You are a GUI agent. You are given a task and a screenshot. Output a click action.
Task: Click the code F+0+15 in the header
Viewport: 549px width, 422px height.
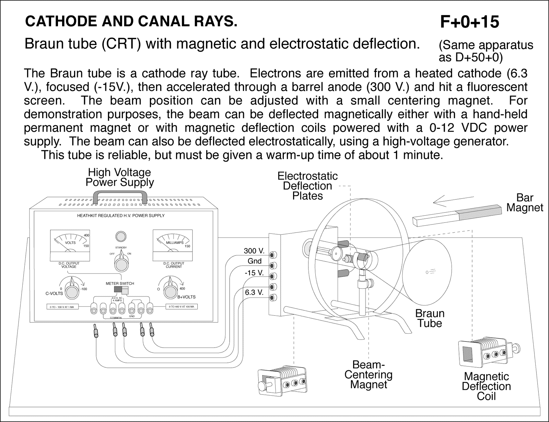[469, 22]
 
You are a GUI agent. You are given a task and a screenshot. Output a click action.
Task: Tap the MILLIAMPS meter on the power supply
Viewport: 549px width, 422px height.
[173, 245]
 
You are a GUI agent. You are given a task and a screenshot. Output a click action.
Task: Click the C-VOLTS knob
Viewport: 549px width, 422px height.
[72, 292]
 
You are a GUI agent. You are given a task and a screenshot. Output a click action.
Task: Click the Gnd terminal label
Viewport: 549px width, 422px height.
[255, 261]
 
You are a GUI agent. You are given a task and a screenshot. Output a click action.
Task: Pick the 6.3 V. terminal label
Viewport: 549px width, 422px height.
[254, 292]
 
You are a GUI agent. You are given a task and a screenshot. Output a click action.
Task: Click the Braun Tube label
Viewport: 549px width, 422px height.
[430, 318]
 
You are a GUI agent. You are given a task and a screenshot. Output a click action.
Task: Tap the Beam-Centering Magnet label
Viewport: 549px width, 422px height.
[368, 374]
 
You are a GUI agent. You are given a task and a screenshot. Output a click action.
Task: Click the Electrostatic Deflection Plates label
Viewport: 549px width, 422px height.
[307, 186]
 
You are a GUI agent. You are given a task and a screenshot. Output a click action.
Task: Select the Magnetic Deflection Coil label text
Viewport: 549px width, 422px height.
[486, 386]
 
